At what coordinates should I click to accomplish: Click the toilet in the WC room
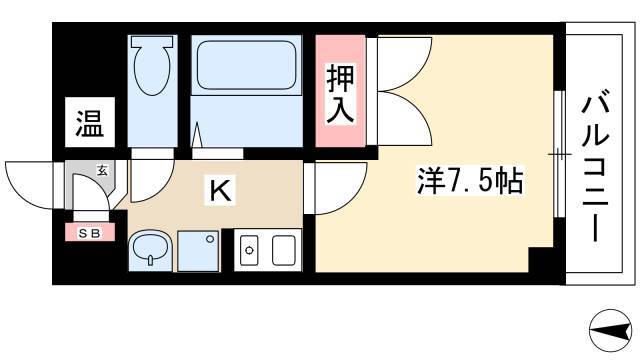pyautogui.click(x=152, y=65)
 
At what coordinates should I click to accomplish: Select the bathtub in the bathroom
pyautogui.click(x=246, y=65)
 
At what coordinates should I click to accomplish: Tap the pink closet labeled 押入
pyautogui.click(x=340, y=91)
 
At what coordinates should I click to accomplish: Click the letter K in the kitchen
pyautogui.click(x=220, y=190)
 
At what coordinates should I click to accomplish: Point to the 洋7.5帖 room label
pyautogui.click(x=469, y=180)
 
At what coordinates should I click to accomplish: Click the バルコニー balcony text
pyautogui.click(x=596, y=169)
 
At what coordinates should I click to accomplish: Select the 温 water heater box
pyautogui.click(x=90, y=122)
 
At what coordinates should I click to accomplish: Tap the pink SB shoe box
pyautogui.click(x=90, y=232)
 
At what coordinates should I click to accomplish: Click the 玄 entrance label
pyautogui.click(x=102, y=171)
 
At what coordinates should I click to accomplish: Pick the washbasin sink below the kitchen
pyautogui.click(x=150, y=250)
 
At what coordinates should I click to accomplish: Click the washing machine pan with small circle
pyautogui.click(x=198, y=250)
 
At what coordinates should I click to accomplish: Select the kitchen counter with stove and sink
pyautogui.click(x=267, y=250)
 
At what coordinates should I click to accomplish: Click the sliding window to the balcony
pyautogui.click(x=559, y=155)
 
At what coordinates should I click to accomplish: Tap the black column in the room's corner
pyautogui.click(x=541, y=260)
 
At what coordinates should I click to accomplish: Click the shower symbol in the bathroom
pyautogui.click(x=197, y=135)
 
